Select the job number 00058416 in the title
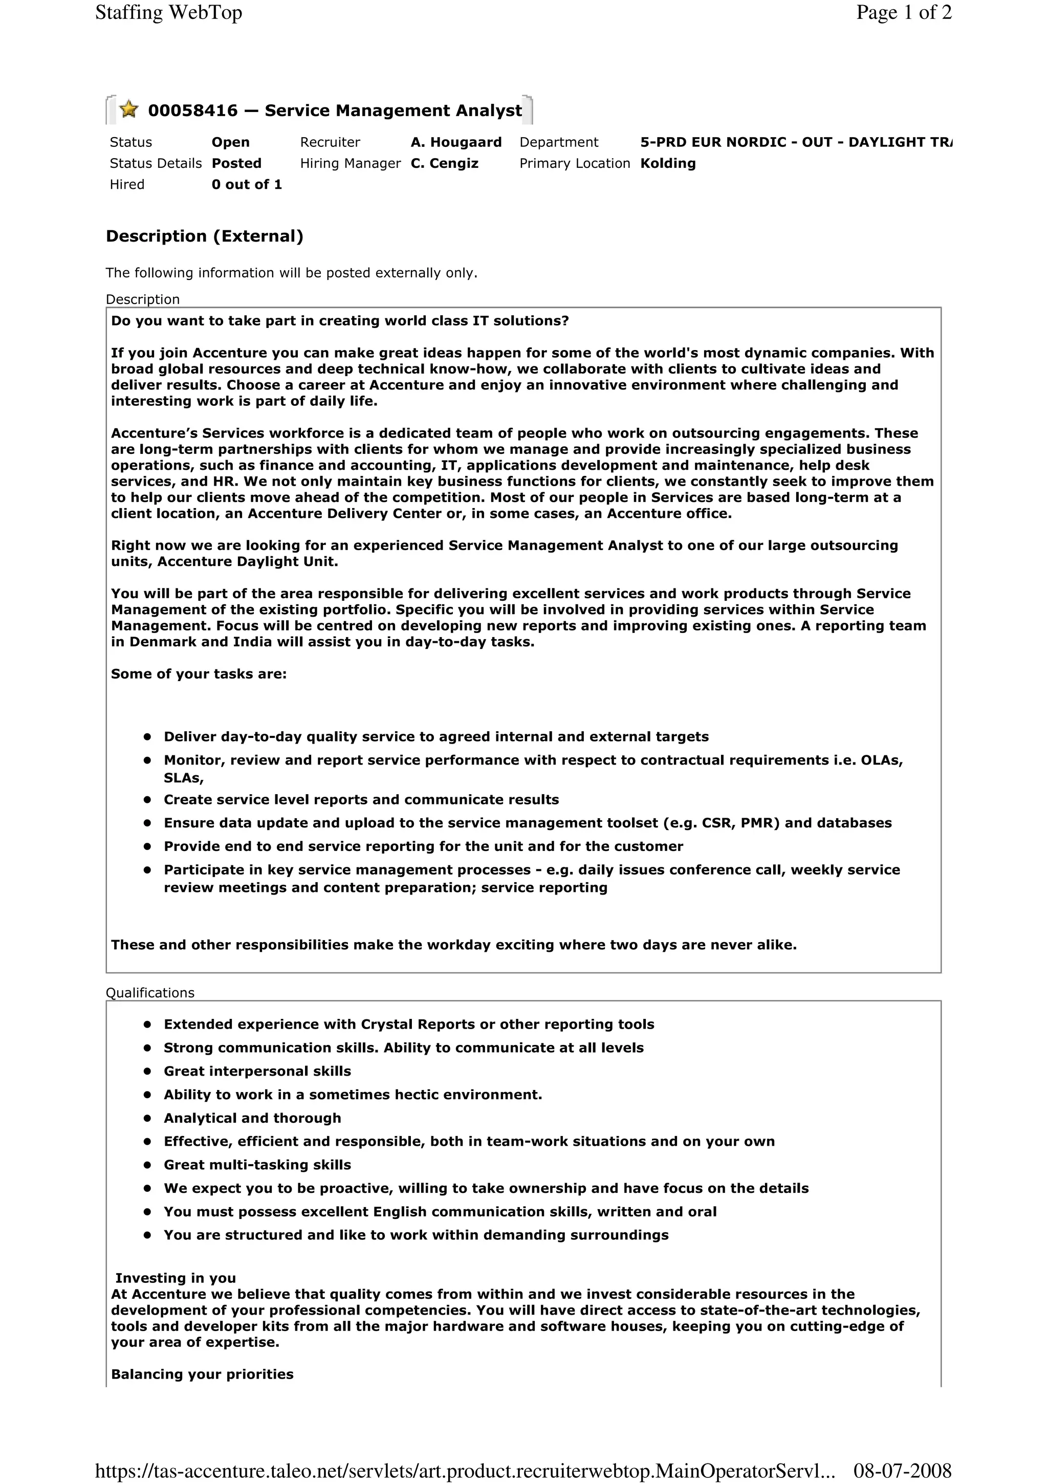point(192,111)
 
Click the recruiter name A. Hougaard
point(456,142)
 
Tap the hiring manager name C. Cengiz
point(444,163)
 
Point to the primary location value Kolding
point(668,163)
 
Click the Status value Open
point(230,142)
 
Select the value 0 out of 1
point(247,185)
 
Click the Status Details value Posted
point(236,163)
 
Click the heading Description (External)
point(204,236)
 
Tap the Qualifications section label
point(150,993)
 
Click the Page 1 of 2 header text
point(903,12)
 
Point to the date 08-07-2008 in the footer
point(902,1471)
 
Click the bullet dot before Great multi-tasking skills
point(148,1165)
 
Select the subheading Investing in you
point(176,1278)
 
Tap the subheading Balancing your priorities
point(202,1374)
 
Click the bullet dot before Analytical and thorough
point(148,1118)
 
